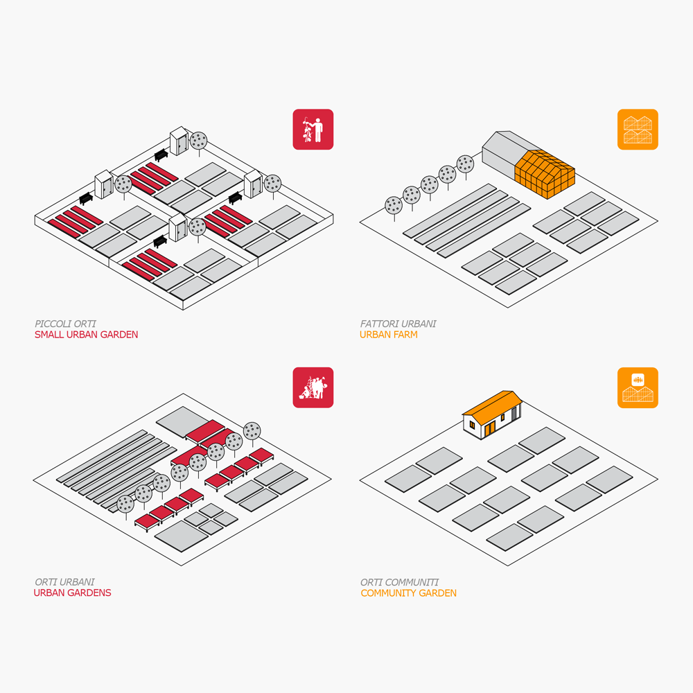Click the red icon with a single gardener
(313, 129)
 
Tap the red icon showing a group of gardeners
(313, 387)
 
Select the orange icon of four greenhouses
(638, 129)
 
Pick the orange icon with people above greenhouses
(638, 387)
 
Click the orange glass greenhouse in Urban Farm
(545, 174)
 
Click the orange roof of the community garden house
(492, 405)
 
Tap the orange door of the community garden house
(490, 429)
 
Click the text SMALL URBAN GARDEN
(86, 335)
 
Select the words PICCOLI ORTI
(65, 324)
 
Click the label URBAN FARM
(389, 335)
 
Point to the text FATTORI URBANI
(398, 324)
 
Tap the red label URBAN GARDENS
(73, 593)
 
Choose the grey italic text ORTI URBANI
(64, 581)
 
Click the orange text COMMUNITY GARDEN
(408, 593)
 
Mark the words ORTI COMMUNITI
(399, 582)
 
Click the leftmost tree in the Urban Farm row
(394, 208)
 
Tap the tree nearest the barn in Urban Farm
(465, 166)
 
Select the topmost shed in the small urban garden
(179, 141)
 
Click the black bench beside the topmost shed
(161, 155)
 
